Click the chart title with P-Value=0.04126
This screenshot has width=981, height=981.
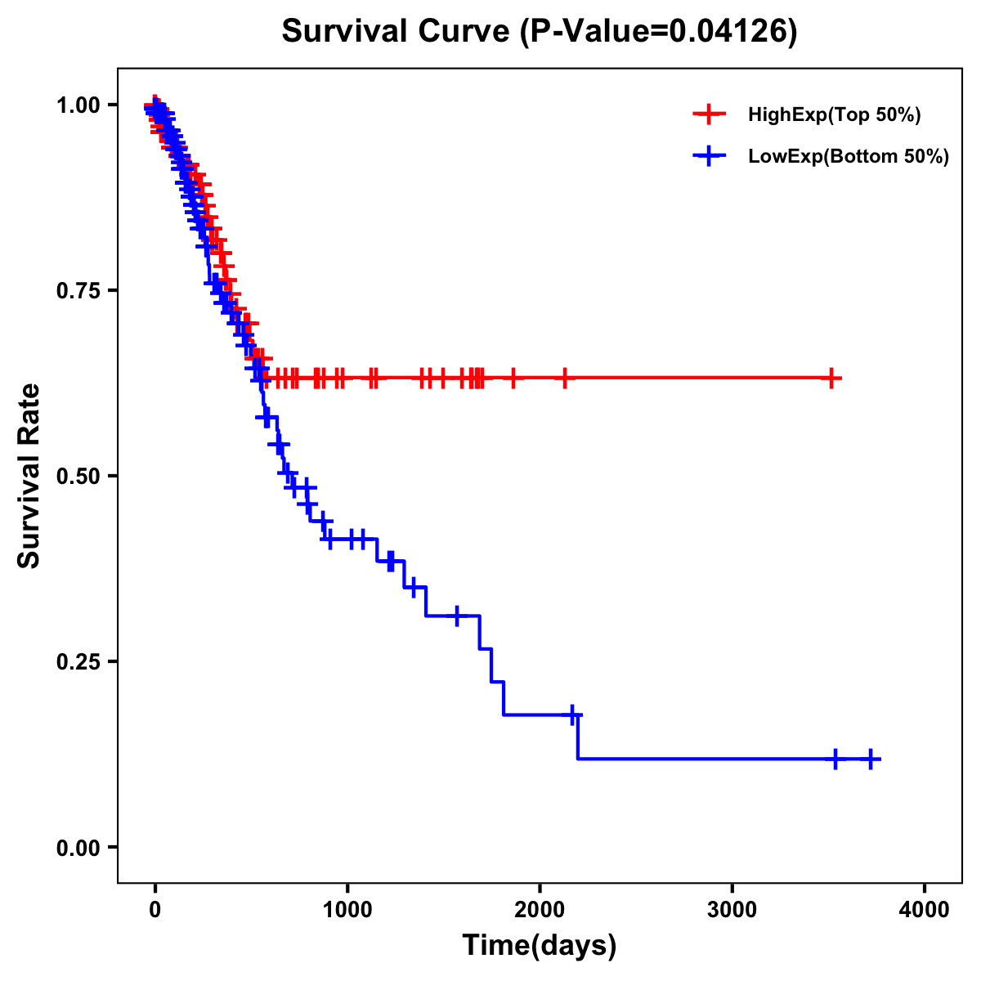point(540,32)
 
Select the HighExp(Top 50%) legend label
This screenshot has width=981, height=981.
point(834,115)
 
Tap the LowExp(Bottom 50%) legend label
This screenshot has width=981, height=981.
point(849,157)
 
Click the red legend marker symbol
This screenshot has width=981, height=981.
point(709,115)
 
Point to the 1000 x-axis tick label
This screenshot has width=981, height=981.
point(347,910)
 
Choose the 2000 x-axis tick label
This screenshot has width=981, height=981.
point(540,910)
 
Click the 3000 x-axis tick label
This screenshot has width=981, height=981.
point(732,910)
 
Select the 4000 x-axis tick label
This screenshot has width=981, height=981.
point(925,910)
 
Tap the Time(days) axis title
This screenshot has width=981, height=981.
point(540,946)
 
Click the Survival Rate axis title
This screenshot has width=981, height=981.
point(29,476)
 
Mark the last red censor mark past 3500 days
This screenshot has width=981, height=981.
point(831,379)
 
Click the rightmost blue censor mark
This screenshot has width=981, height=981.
point(871,759)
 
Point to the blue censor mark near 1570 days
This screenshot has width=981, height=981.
point(457,616)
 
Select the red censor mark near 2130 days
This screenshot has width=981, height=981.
point(564,379)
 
